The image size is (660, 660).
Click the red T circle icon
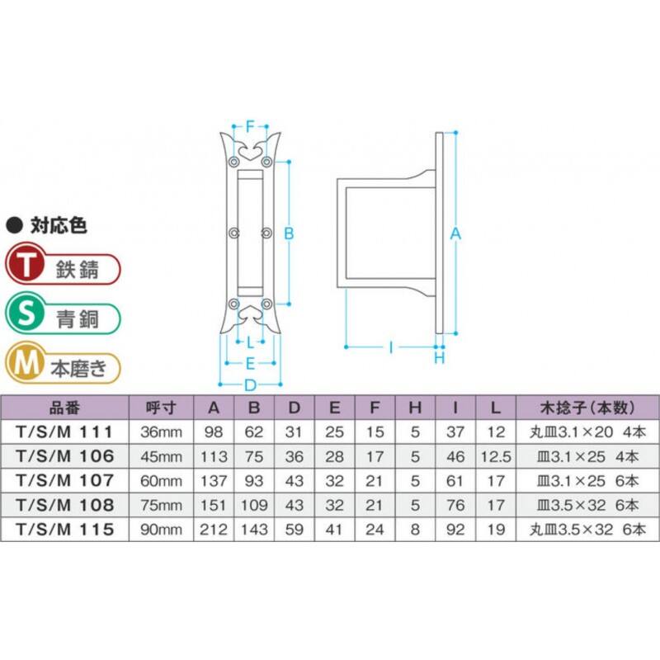[x=26, y=264]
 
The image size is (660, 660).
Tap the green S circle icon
[x=26, y=313]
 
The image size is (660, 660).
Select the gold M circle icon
[x=26, y=363]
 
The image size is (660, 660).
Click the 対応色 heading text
[x=59, y=225]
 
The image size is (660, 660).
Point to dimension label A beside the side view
[x=455, y=233]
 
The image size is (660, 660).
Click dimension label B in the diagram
[x=289, y=233]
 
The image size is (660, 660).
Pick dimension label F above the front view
[x=250, y=126]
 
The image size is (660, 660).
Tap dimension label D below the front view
[x=250, y=384]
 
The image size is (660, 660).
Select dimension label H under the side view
[x=440, y=358]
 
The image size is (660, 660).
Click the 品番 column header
[x=64, y=408]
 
